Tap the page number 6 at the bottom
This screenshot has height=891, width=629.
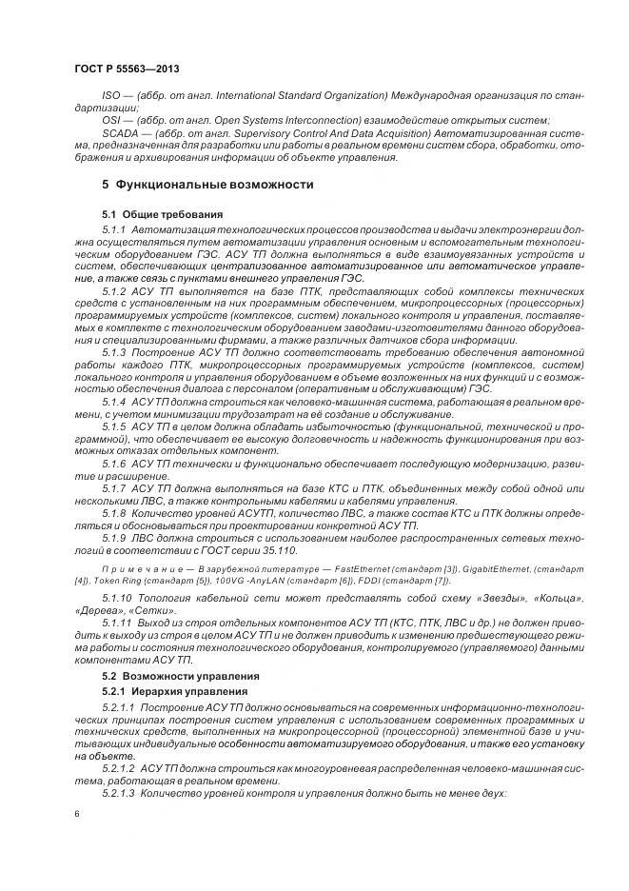coord(76,814)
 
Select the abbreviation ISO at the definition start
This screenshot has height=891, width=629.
coord(110,97)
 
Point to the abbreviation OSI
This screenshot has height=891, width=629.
coord(111,120)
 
